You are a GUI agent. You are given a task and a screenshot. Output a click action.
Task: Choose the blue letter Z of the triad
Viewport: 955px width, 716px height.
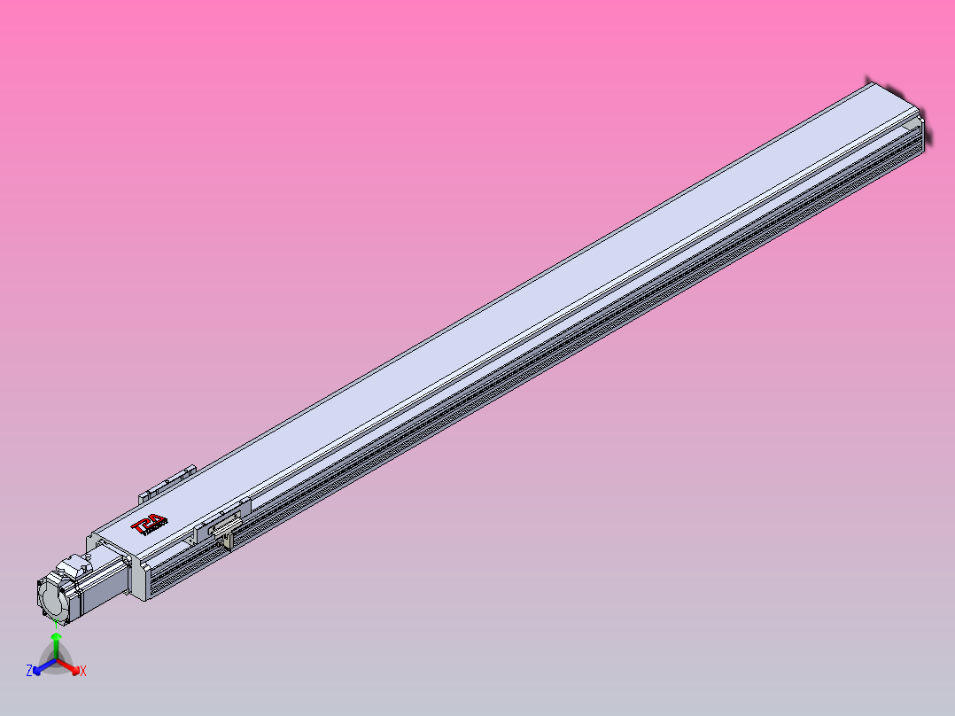[29, 671]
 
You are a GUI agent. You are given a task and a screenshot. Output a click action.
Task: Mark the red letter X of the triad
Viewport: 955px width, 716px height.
[83, 672]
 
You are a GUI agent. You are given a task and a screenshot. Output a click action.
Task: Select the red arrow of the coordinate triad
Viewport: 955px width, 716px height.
[71, 667]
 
